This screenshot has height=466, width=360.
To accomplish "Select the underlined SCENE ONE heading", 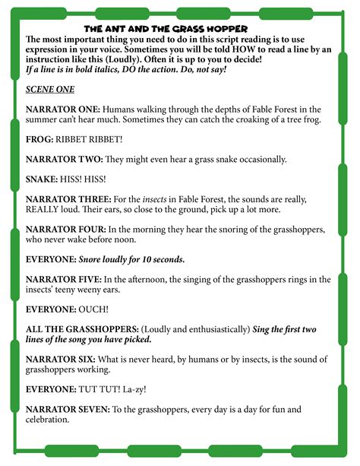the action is tap(50, 88).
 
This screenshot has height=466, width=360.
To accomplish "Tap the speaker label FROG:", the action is tap(40, 140).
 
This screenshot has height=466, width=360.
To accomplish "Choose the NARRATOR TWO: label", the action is tap(64, 160).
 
